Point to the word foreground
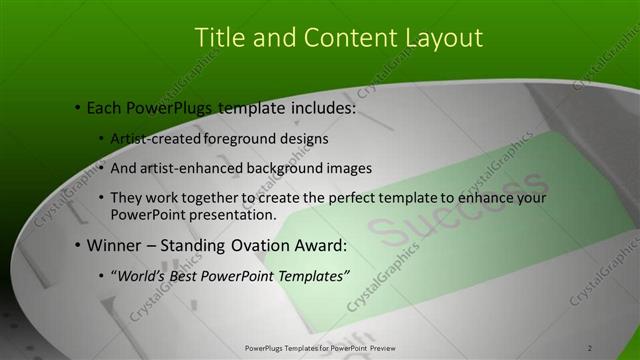(252, 138)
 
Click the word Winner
(114, 245)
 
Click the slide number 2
(590, 347)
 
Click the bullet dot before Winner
(77, 246)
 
